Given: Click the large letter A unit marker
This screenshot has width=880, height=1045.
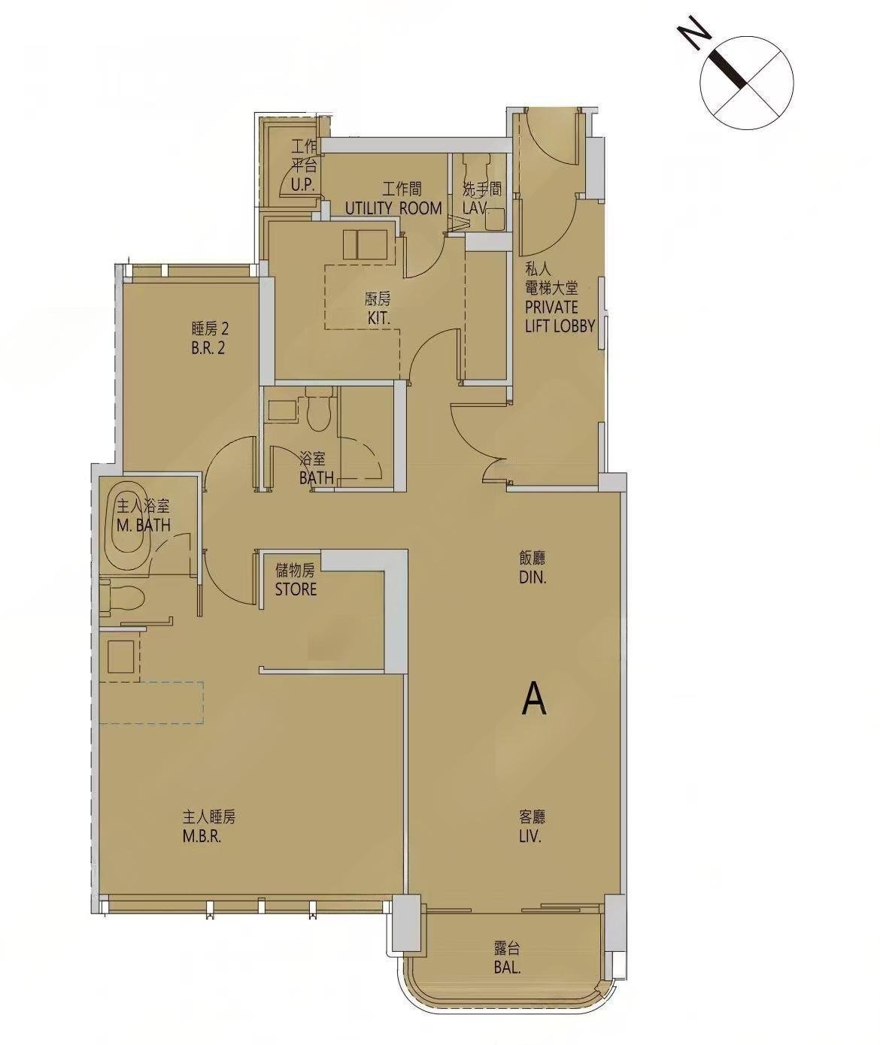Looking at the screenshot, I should tap(534, 698).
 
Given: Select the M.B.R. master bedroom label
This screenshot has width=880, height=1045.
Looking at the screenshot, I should tap(202, 837).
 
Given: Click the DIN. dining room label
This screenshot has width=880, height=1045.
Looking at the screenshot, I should tap(532, 577).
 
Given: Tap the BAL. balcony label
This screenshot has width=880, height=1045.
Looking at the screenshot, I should tap(508, 967).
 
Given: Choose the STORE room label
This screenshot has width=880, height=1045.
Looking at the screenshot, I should tap(296, 589).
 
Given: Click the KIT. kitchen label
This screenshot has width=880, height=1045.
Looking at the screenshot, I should tap(379, 318).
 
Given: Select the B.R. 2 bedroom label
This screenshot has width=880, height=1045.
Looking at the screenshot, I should tap(209, 348).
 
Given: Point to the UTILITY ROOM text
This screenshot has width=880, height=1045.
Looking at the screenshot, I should tap(393, 208).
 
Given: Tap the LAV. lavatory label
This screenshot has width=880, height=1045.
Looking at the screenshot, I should tap(476, 208).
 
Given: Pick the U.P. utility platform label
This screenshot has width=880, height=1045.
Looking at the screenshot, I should tap(302, 186).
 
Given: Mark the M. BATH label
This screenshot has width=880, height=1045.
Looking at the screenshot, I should tap(143, 526).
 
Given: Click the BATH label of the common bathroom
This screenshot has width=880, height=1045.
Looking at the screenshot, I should tap(317, 477).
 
